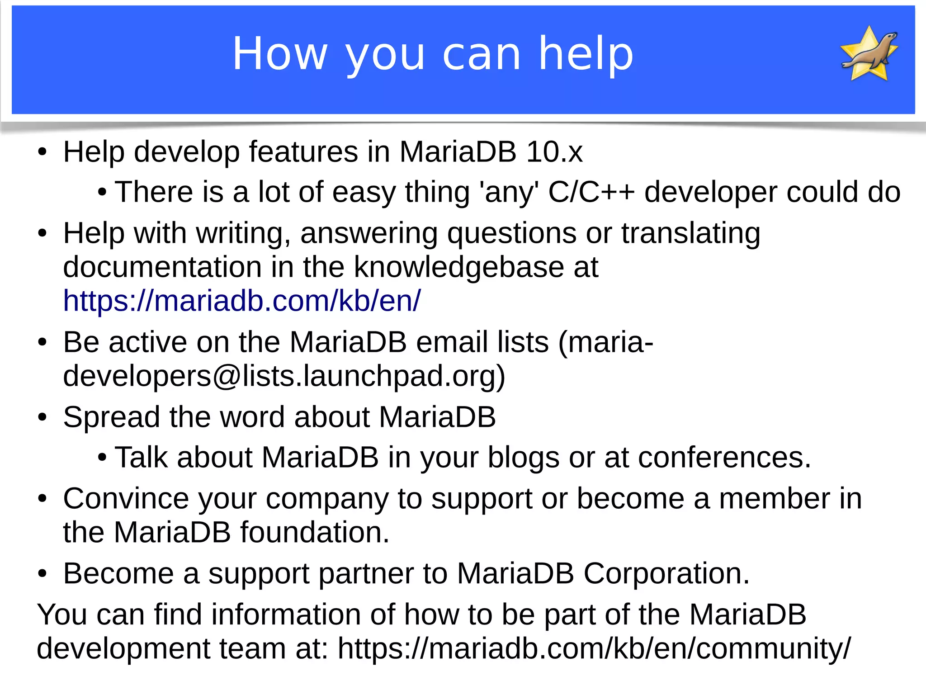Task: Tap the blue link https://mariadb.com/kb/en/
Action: (x=242, y=301)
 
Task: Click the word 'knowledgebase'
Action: (x=459, y=267)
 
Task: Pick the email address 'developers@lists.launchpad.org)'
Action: (x=284, y=376)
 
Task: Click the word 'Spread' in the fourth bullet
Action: (x=111, y=417)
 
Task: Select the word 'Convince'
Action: (x=126, y=499)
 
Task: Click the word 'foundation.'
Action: (x=315, y=532)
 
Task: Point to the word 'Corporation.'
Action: (x=666, y=573)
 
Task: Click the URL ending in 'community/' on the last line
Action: (x=594, y=648)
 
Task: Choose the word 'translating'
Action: (x=690, y=233)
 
